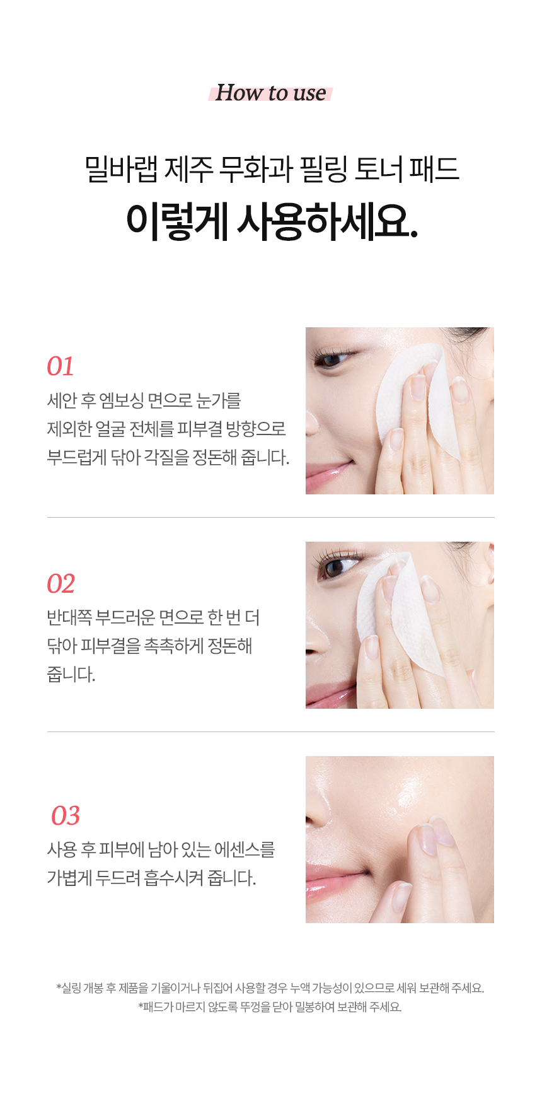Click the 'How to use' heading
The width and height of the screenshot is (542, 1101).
pos(270,93)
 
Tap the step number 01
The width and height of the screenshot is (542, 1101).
pos(61,366)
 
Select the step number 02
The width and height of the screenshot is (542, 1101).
pos(61,584)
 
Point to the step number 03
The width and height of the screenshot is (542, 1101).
pos(66,816)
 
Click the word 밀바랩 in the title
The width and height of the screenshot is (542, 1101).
pos(121,169)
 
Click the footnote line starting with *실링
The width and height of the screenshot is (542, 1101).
pos(270,988)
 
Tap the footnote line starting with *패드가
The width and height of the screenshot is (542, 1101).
pos(270,1007)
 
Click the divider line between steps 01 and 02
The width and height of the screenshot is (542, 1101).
pos(271,517)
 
